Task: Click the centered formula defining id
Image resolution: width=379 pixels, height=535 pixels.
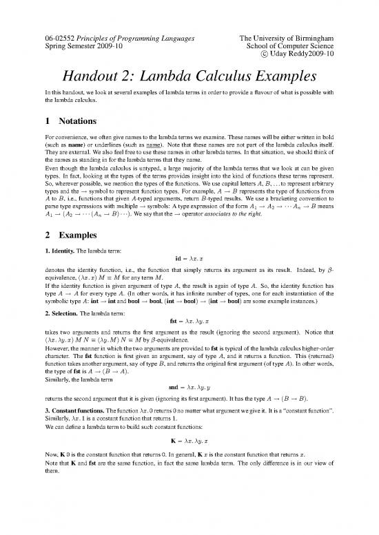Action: tap(189, 279)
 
